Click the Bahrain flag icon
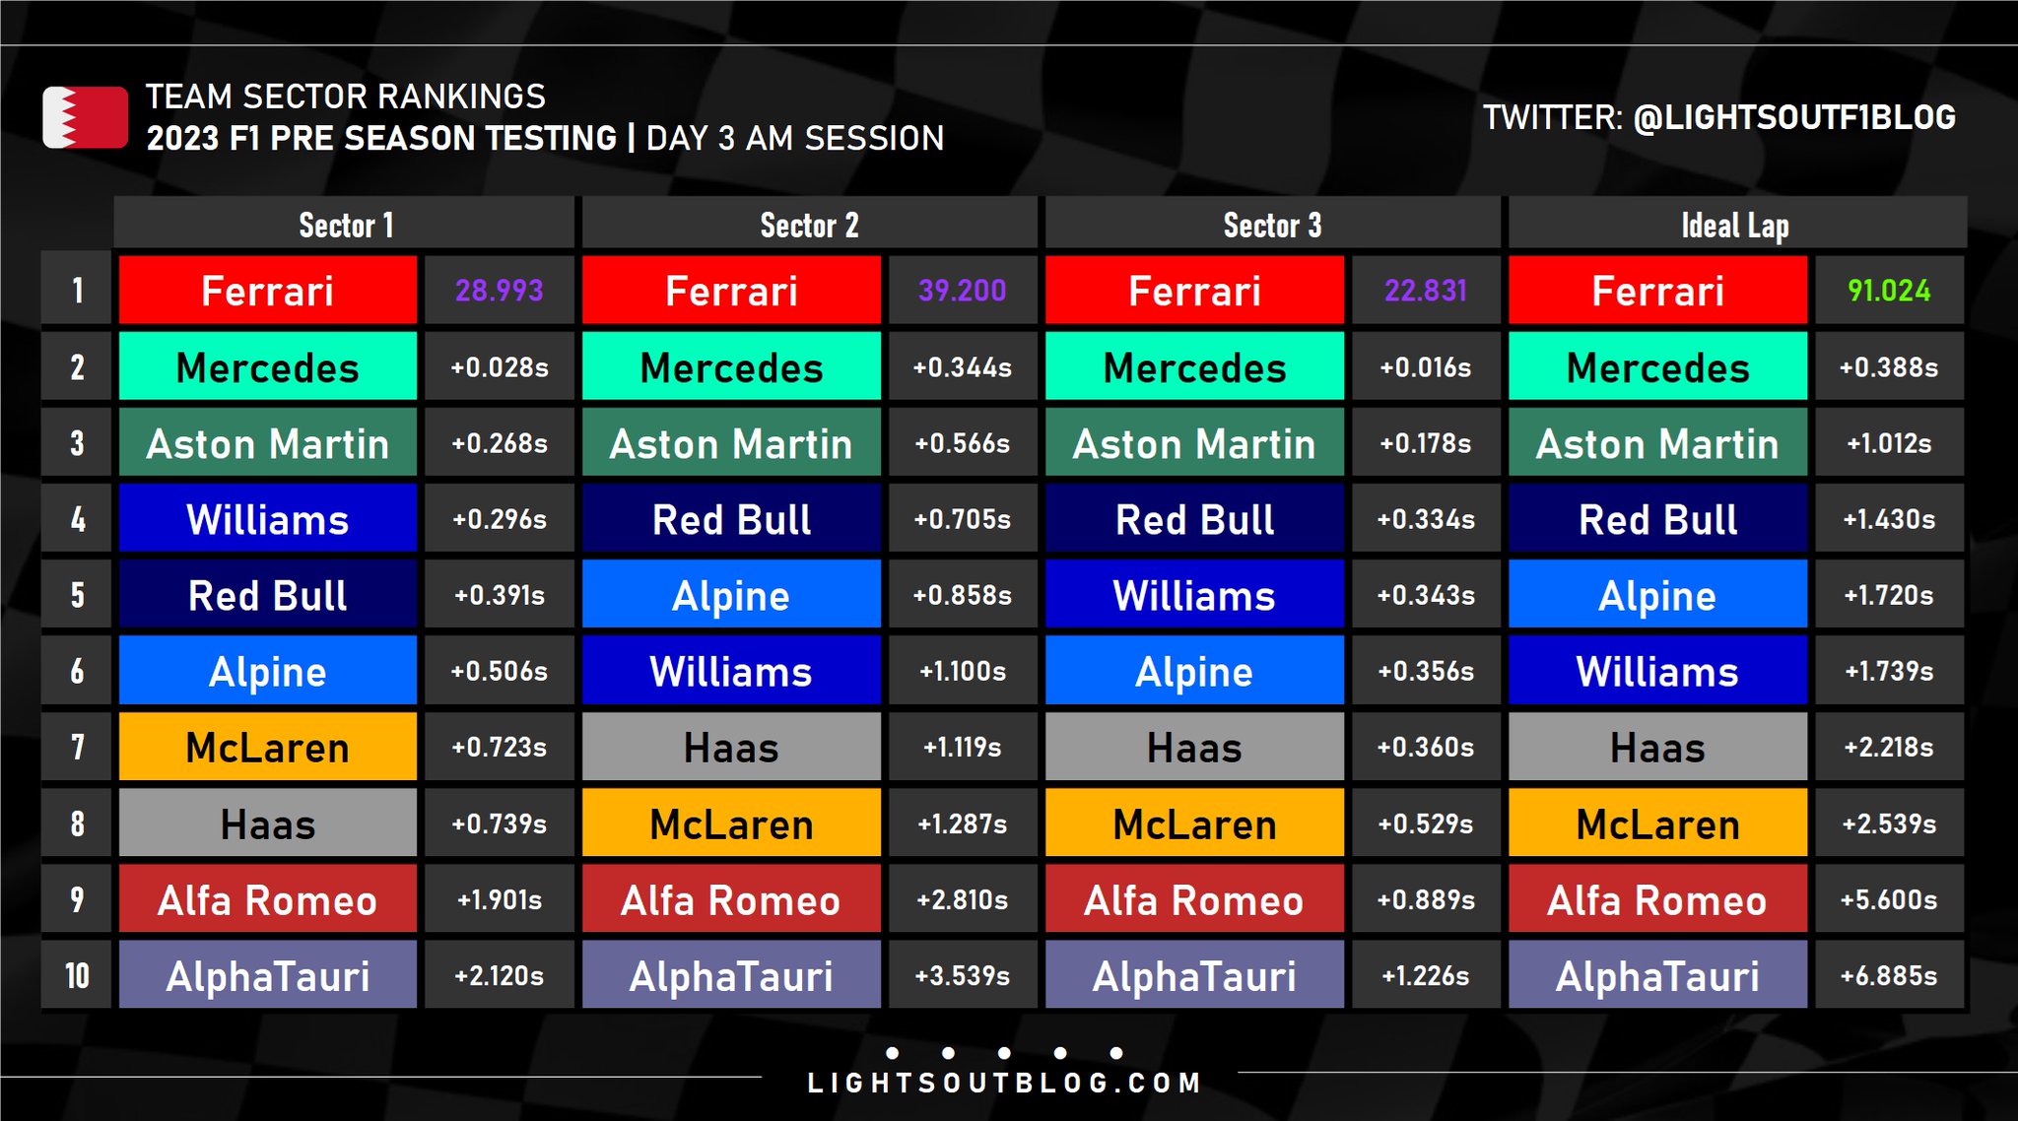(85, 117)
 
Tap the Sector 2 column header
(809, 225)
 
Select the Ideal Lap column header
(1736, 225)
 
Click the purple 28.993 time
(499, 291)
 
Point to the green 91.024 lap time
(1889, 291)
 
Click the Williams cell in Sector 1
(268, 518)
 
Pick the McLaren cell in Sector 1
(268, 747)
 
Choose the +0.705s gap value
(963, 519)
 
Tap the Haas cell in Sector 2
(731, 747)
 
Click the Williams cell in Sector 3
(1194, 594)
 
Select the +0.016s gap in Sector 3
(1426, 367)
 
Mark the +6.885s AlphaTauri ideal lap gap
(1889, 975)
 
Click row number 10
(77, 975)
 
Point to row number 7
(77, 747)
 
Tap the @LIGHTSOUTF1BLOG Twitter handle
(1794, 117)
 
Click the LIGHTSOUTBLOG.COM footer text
(1004, 1084)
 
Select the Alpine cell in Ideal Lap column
(1657, 594)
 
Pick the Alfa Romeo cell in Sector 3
(1194, 899)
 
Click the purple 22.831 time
(1426, 291)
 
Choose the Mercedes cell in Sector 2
(731, 366)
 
